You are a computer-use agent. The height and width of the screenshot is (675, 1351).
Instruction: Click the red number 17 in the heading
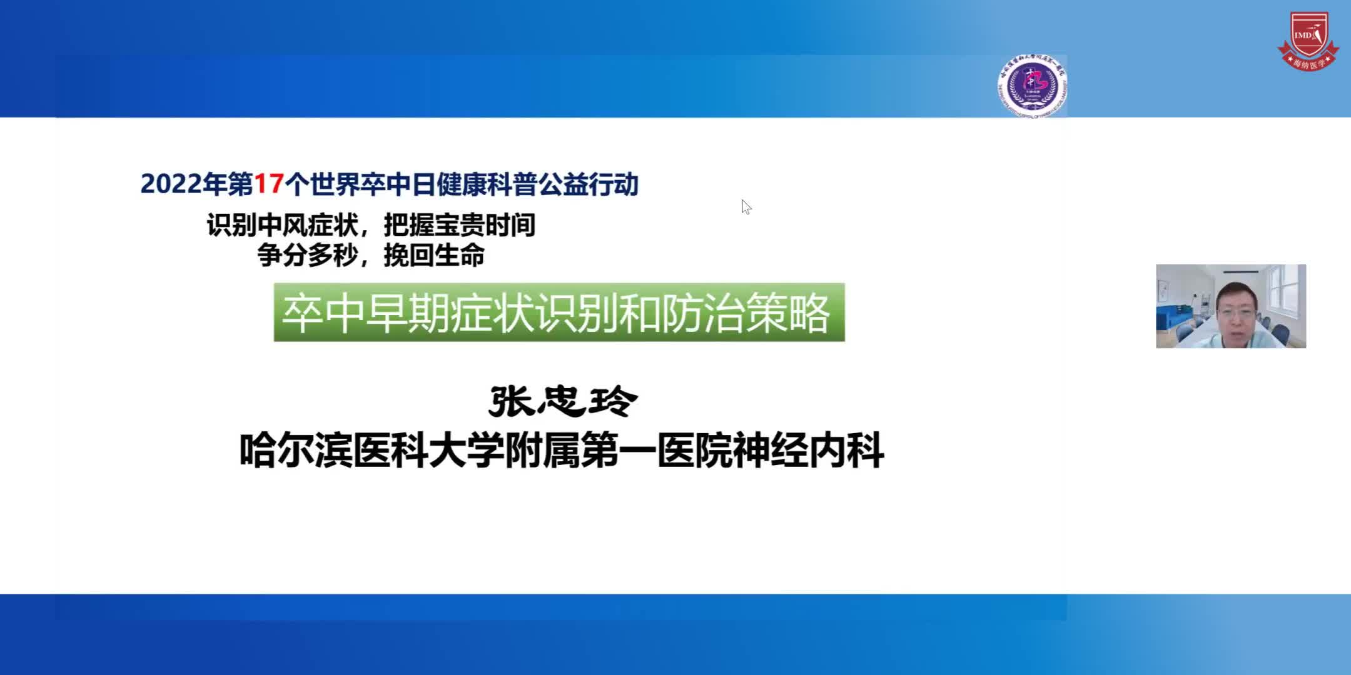270,184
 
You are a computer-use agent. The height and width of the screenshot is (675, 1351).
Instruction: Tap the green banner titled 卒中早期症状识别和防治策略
559,312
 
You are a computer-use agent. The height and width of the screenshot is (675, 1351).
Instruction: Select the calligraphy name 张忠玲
563,401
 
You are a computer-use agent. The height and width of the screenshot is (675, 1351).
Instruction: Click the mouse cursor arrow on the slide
745,206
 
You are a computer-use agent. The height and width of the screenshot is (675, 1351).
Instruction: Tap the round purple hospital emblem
1032,86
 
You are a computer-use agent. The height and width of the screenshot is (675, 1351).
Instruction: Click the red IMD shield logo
1308,41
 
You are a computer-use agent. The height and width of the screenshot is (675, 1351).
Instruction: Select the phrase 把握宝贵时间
460,226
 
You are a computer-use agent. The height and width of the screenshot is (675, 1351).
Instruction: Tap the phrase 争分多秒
308,256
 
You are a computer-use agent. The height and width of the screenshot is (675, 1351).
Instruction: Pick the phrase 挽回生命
434,256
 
